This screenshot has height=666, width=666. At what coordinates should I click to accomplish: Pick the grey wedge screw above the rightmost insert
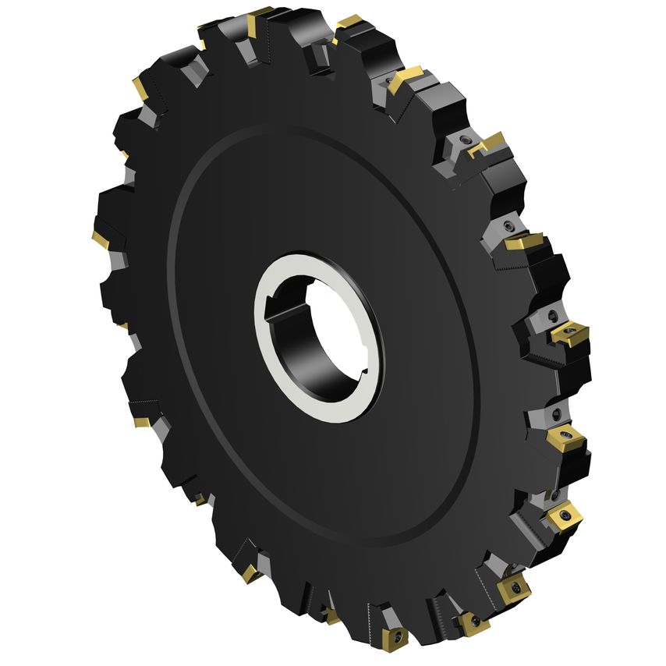552,316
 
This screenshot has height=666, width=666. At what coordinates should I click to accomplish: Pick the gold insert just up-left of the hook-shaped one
404,79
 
